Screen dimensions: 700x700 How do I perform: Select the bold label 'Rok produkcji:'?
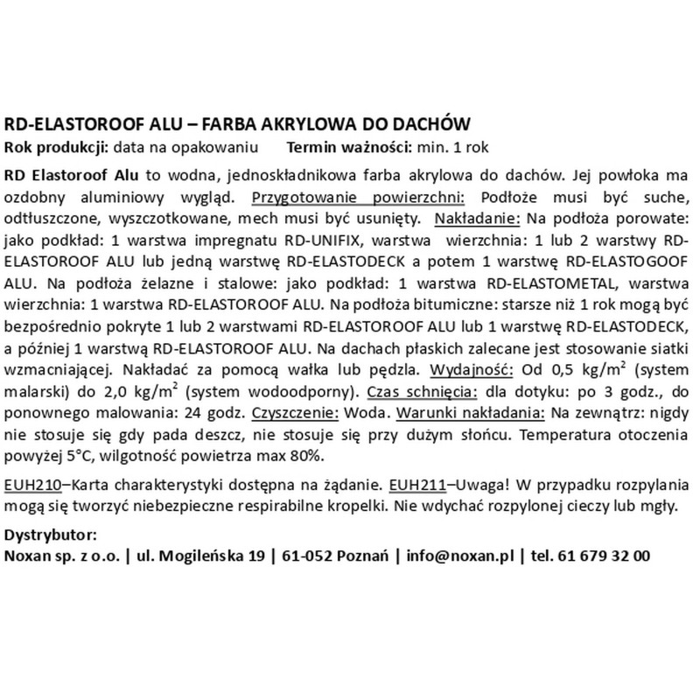(x=50, y=144)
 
